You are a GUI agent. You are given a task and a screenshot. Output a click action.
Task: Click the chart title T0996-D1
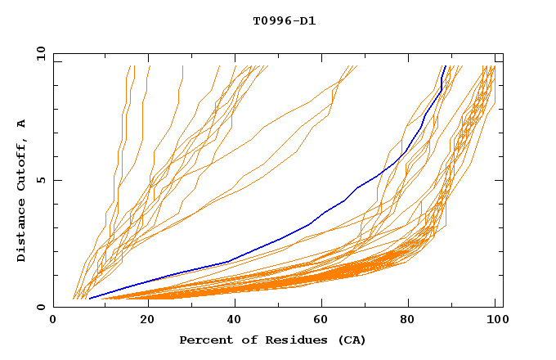point(284,20)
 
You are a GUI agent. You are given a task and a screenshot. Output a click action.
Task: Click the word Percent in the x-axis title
point(204,340)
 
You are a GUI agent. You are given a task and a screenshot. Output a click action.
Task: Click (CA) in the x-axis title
point(352,340)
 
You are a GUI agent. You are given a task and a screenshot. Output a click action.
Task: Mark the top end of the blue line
point(445,66)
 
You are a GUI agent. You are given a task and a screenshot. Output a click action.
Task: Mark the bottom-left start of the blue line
point(89,299)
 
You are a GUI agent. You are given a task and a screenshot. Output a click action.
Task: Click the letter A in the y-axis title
point(22,124)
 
